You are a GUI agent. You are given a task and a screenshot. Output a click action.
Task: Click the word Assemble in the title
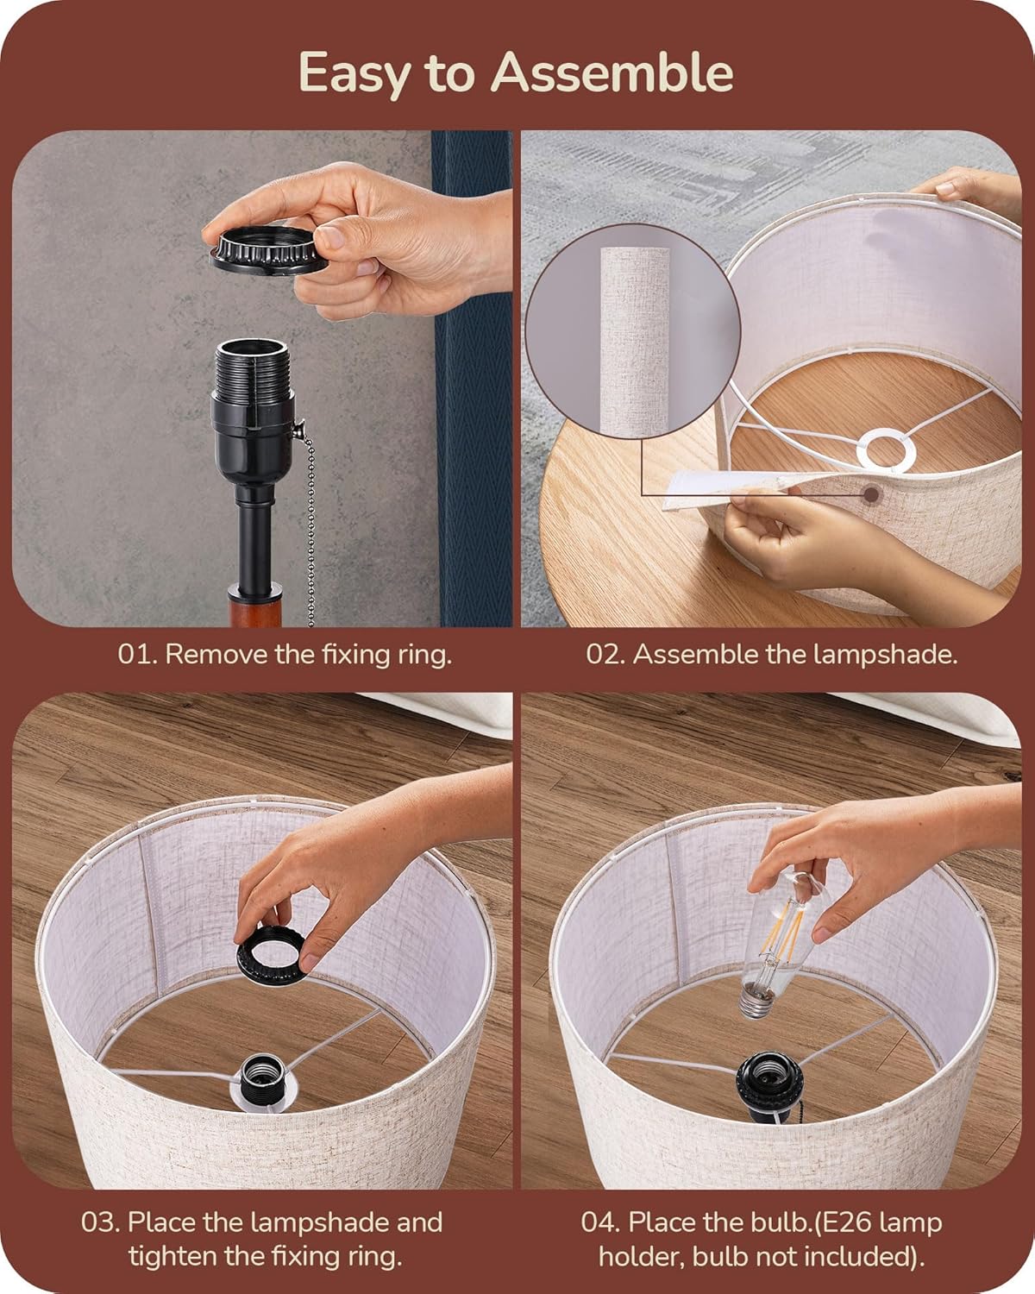pos(612,72)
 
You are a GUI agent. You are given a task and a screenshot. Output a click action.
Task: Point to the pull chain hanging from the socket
pos(307,517)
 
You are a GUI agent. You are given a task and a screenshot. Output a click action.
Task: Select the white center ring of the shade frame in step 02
pos(887,449)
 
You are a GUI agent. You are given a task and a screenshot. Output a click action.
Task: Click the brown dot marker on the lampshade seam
pos(870,495)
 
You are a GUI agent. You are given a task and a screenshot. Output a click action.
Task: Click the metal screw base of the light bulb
pos(756,1001)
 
